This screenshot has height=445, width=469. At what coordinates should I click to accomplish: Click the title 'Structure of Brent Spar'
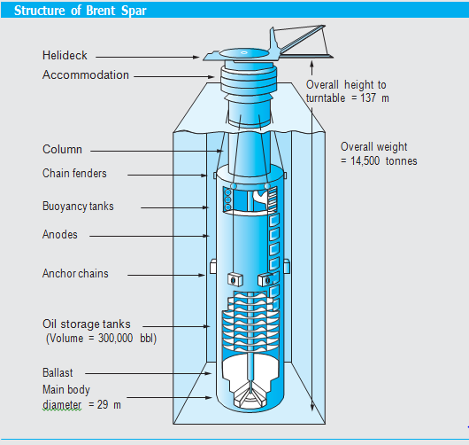click(x=81, y=11)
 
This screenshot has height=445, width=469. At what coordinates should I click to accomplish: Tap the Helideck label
click(x=65, y=56)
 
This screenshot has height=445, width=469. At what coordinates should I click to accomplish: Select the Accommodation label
click(x=86, y=75)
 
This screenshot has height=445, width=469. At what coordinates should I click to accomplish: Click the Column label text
click(x=62, y=149)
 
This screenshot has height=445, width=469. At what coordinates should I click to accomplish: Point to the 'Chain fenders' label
click(x=74, y=173)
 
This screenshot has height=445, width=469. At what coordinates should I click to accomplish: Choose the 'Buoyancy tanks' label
click(x=78, y=207)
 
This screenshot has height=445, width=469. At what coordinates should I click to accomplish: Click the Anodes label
click(x=60, y=234)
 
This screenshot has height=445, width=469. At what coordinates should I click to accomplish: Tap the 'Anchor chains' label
click(x=75, y=273)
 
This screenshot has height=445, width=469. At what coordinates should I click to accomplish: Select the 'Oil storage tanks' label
click(x=87, y=324)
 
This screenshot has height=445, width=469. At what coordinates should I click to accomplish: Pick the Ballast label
click(x=58, y=373)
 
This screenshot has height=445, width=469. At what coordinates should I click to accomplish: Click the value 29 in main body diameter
click(x=103, y=404)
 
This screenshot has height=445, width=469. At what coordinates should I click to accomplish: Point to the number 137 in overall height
click(x=368, y=98)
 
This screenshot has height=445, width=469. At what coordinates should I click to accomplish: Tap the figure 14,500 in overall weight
click(x=365, y=161)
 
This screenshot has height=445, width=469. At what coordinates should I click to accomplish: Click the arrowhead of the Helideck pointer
click(x=196, y=57)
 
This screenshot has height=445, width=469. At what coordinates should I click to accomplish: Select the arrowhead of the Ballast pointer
click(x=209, y=373)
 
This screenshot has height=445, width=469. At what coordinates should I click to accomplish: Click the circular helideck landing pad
click(x=244, y=53)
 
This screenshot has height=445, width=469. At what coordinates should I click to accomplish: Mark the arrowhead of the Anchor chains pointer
click(x=202, y=275)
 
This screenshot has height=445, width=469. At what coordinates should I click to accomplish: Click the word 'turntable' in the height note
click(x=326, y=98)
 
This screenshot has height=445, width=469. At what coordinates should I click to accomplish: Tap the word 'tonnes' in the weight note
click(x=402, y=161)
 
